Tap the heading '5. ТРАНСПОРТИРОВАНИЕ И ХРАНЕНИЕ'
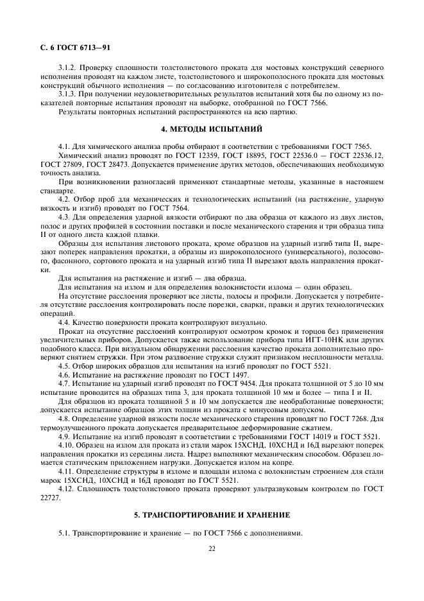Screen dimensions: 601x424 212,516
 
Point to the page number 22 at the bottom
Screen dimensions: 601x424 212,548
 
